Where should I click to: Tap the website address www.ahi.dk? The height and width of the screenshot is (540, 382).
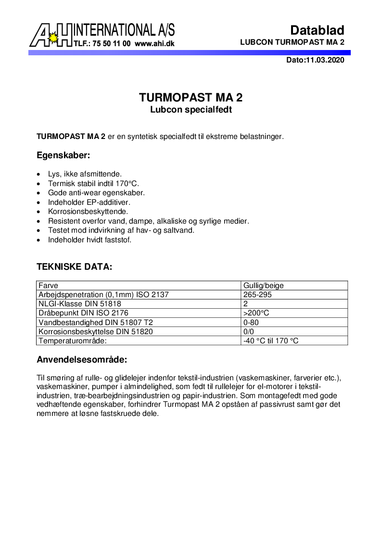[154, 43]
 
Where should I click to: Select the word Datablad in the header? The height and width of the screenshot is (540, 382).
[317, 30]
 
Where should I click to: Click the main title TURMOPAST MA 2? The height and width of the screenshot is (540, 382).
[191, 98]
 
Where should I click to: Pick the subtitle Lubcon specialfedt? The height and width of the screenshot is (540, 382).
[191, 110]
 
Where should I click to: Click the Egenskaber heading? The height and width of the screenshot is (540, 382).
[63, 155]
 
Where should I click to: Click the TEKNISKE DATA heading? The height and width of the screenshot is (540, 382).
[75, 266]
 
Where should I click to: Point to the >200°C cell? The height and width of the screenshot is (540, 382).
[256, 313]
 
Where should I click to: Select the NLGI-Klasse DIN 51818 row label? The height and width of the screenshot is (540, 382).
[79, 304]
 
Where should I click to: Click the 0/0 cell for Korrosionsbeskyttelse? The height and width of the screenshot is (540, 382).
[249, 331]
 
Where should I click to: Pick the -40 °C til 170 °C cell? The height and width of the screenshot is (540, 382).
[271, 341]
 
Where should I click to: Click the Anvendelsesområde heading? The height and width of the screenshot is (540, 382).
[82, 360]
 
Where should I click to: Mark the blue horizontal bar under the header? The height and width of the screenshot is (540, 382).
[189, 52]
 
